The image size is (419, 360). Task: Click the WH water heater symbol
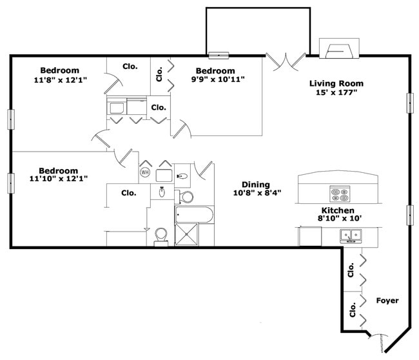145,173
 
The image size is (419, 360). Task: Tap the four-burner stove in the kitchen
340,194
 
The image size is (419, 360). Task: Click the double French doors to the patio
284,62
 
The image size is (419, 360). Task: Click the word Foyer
387,301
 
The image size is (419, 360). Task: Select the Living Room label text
336,83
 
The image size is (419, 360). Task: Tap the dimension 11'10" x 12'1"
59,179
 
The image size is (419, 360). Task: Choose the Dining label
256,184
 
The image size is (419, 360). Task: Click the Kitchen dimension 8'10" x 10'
338,219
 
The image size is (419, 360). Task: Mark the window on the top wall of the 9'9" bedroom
219,55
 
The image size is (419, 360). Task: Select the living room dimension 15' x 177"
336,93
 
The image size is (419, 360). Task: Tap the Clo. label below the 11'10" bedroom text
128,192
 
